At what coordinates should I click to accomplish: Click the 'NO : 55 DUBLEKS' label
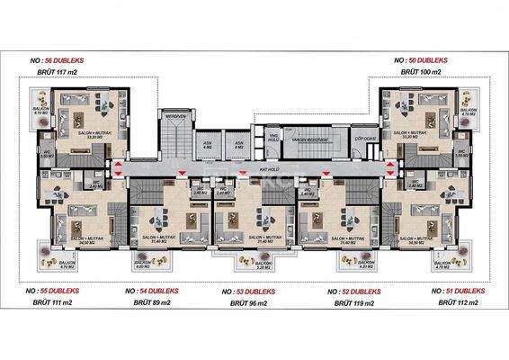coord(60,291)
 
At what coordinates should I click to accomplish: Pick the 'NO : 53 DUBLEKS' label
coord(254,292)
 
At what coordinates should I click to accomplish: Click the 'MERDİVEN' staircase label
coord(174,114)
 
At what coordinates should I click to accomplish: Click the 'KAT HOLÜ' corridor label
coord(267,168)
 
